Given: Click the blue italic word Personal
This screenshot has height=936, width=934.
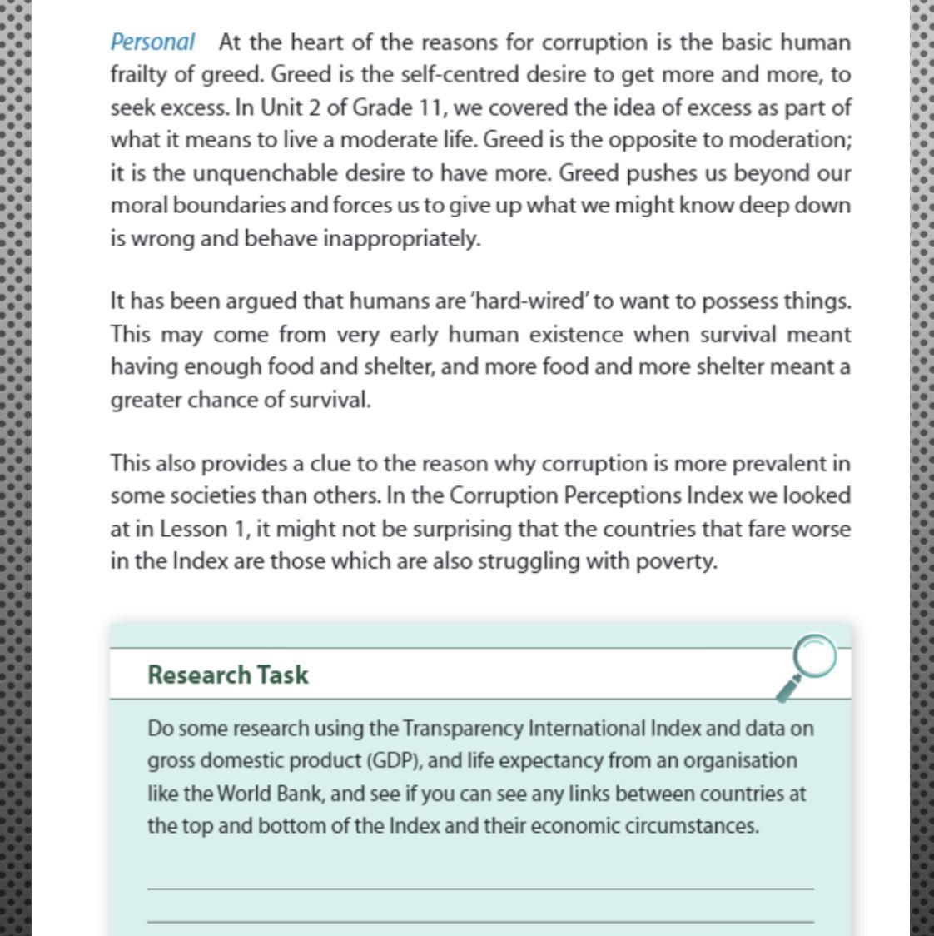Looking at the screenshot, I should (x=152, y=42).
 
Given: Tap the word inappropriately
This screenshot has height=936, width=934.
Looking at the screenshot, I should (x=402, y=239).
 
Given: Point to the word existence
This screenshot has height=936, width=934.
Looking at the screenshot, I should (x=576, y=335).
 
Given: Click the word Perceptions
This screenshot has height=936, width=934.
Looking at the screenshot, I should (x=623, y=496).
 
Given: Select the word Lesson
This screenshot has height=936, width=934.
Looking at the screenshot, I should (x=193, y=530).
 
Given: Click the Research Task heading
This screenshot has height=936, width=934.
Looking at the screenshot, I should (x=227, y=675).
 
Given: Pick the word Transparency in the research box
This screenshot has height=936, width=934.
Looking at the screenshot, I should (x=463, y=729).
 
